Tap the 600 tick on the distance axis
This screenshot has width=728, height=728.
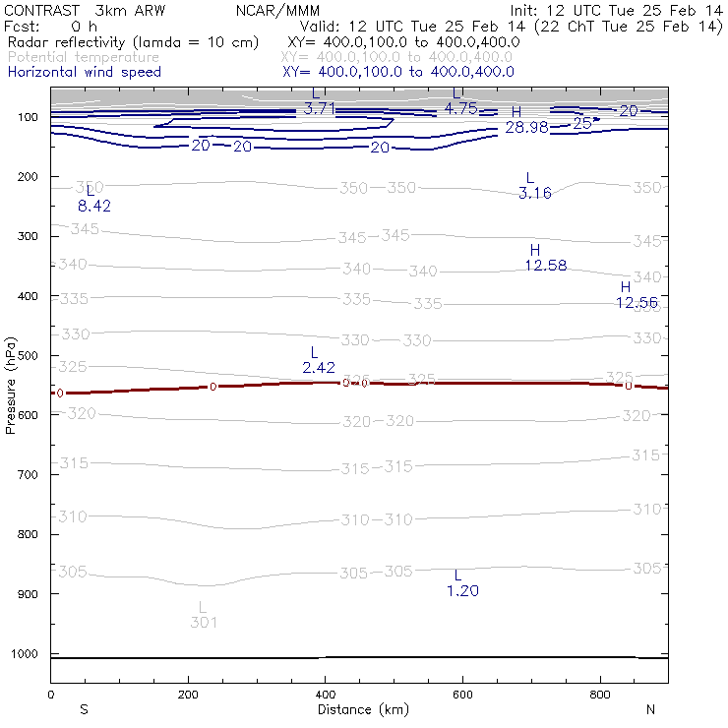(462, 695)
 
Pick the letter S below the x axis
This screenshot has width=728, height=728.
(84, 709)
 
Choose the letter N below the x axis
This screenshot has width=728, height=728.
(650, 709)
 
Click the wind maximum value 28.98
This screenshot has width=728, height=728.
(526, 128)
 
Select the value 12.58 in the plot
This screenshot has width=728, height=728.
(545, 266)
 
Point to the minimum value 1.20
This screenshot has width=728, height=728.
(462, 590)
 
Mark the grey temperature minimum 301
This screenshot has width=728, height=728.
(204, 622)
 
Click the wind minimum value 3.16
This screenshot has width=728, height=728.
(534, 193)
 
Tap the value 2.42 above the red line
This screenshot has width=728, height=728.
(319, 367)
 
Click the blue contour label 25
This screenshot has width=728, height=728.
(582, 124)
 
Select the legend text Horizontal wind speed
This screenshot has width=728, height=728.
(84, 72)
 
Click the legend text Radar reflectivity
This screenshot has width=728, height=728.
(133, 43)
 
